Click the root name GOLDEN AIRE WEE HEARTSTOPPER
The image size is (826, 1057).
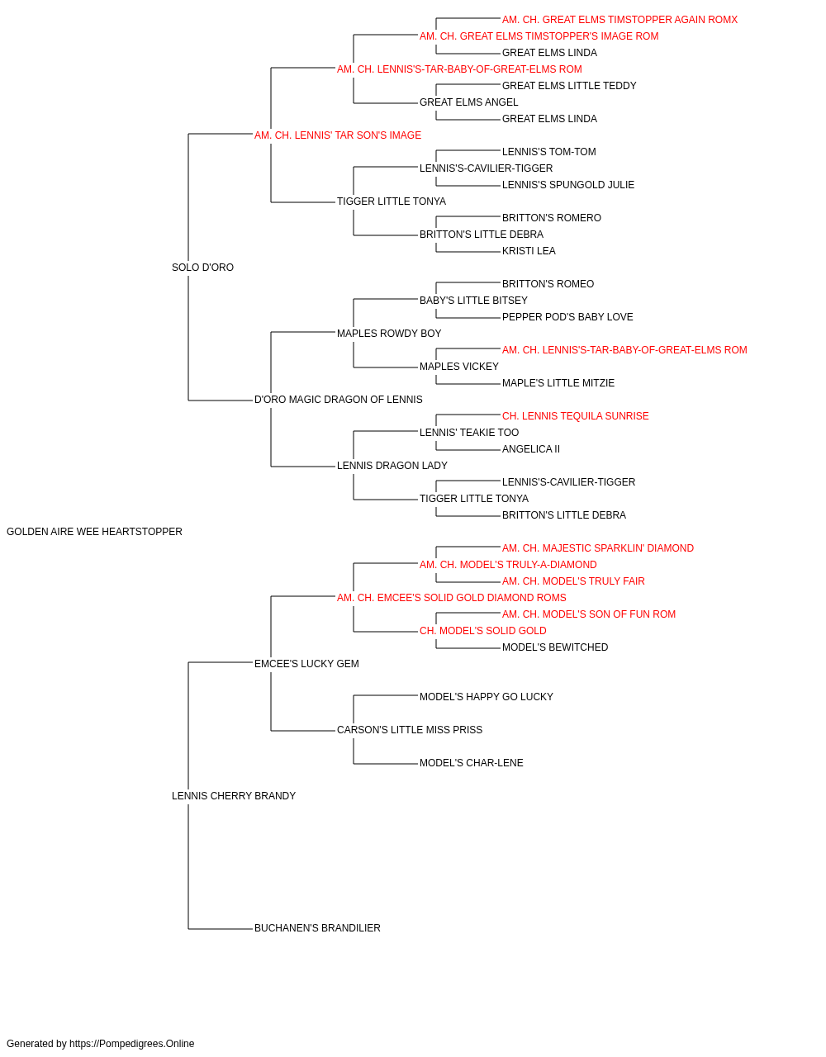coord(94,532)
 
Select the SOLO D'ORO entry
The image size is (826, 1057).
coord(202,268)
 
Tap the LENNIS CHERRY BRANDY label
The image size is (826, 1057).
coord(234,796)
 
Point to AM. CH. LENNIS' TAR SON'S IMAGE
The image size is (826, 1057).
coord(338,135)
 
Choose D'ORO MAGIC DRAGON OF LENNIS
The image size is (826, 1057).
coord(338,400)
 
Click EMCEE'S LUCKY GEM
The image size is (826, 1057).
coord(306,663)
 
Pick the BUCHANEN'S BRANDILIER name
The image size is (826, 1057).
coord(317,927)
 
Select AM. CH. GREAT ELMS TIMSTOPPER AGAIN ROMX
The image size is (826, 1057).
coord(619,20)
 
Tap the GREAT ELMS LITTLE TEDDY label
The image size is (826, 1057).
coord(569,86)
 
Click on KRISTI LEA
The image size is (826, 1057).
coord(529,251)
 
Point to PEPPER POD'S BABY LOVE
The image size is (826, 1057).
coord(567,317)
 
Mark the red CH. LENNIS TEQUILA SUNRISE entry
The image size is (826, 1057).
coord(576,416)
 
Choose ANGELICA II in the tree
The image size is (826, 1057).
coord(531,449)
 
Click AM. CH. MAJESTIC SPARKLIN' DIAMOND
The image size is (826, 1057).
coord(598,548)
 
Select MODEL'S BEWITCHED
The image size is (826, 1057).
coord(555,647)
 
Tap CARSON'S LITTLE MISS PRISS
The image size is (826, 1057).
coord(410,730)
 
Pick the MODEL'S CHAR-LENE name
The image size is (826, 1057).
coord(472,763)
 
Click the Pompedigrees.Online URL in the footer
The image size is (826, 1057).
coord(132,1044)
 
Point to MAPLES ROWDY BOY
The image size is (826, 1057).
coord(389,333)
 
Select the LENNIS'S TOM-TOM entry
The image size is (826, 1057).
coord(548,152)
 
